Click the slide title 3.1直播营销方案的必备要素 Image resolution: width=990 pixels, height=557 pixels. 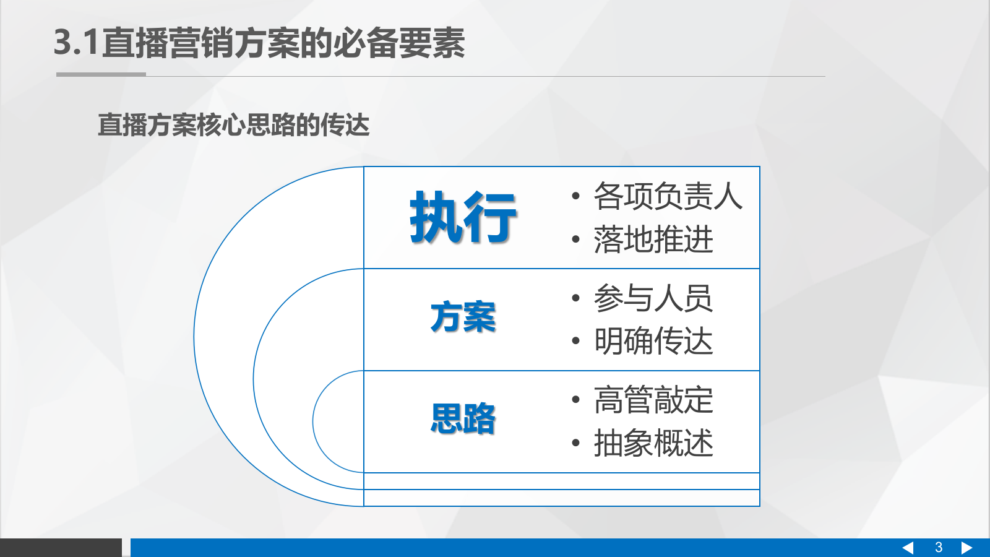[x=259, y=43]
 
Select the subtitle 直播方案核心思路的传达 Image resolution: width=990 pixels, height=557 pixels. [x=233, y=125]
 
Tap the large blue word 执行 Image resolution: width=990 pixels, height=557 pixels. [x=463, y=217]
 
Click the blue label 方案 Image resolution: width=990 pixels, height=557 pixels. [x=463, y=317]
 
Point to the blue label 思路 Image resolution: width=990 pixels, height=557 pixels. [x=463, y=419]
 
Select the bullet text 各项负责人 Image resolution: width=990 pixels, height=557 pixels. [x=668, y=196]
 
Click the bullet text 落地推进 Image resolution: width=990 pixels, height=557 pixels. [x=653, y=240]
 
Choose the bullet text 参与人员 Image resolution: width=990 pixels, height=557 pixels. [x=653, y=298]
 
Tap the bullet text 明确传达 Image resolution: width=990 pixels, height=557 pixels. [x=653, y=341]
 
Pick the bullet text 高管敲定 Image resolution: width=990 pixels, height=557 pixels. [x=653, y=400]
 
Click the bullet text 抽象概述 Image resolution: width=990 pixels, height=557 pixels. [x=653, y=443]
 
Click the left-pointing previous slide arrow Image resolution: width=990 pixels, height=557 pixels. [x=908, y=548]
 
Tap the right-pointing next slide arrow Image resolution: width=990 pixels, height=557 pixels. [x=966, y=548]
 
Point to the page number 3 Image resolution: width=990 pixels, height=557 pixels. [x=939, y=548]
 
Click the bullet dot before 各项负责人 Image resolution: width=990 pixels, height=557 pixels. [x=575, y=197]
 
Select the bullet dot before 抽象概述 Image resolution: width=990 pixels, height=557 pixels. [x=575, y=443]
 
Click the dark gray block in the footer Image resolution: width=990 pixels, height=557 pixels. [x=61, y=548]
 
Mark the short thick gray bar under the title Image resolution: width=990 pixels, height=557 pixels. [x=101, y=75]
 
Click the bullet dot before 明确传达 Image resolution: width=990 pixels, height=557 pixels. [x=575, y=341]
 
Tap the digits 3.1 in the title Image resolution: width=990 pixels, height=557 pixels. [x=77, y=43]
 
